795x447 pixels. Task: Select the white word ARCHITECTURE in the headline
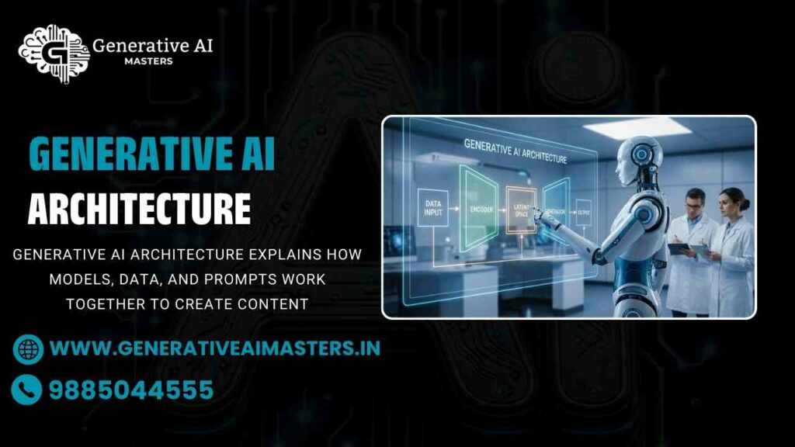139,209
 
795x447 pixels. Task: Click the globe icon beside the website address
28,348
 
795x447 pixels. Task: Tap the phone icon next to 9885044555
28,390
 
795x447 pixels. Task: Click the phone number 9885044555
131,390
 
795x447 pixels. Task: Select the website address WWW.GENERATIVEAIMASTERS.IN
215,348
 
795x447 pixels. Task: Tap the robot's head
641,158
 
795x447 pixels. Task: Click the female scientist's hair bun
745,204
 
